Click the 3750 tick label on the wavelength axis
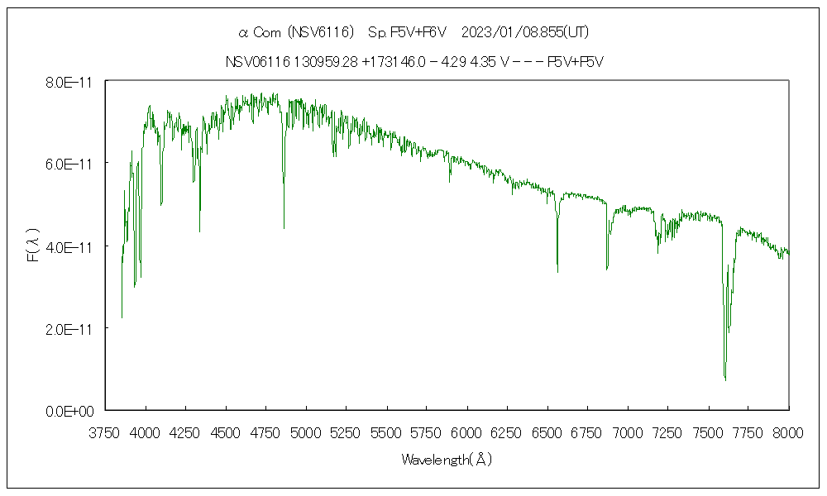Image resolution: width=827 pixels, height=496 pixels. tap(105, 432)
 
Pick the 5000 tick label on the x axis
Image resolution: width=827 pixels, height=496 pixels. tap(306, 432)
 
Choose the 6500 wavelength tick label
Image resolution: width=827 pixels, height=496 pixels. tap(547, 432)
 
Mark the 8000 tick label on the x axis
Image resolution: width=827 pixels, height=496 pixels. tap(788, 432)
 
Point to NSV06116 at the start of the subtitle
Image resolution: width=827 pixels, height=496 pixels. tap(256, 62)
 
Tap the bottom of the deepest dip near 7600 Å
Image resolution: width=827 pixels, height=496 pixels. tap(725, 379)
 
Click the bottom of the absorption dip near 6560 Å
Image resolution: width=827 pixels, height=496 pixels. tap(557, 271)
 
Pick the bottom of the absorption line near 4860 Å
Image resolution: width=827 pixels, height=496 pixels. tap(284, 227)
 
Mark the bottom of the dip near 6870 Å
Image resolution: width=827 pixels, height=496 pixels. tap(607, 269)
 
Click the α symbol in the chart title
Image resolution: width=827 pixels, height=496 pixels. tap(243, 33)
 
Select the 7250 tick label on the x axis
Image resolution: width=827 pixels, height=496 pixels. tap(667, 432)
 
